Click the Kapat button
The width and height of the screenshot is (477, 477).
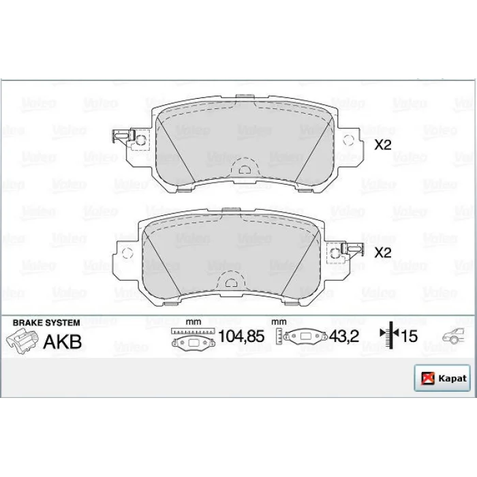(442, 378)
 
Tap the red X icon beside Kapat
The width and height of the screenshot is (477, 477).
(427, 378)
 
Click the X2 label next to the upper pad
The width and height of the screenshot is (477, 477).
(383, 145)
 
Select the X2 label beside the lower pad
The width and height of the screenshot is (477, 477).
(383, 253)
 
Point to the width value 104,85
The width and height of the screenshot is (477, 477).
(241, 336)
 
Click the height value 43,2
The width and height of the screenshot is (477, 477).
(344, 336)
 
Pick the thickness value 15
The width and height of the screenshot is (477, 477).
(409, 336)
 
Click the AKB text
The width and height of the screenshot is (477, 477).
(63, 341)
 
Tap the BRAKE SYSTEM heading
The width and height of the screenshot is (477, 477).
(46, 323)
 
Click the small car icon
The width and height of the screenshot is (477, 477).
(453, 336)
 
